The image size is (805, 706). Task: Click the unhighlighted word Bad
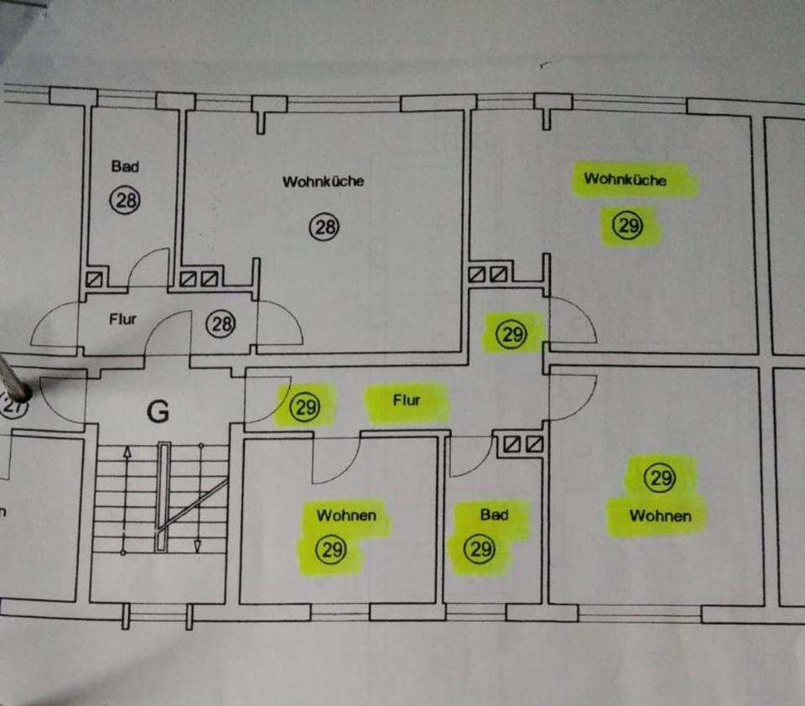(125, 166)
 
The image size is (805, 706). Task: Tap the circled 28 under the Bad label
(126, 200)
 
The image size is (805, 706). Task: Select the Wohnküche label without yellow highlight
(323, 181)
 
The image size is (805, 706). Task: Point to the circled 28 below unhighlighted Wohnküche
(323, 226)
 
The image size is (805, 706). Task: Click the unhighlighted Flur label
(122, 319)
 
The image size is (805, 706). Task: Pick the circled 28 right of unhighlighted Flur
(221, 324)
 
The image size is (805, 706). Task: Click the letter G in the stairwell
(158, 411)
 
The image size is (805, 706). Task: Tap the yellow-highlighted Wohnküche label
(626, 179)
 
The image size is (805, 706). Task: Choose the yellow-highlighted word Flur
(407, 400)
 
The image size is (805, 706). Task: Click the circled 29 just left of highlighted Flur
(304, 407)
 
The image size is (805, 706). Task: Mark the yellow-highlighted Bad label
(494, 514)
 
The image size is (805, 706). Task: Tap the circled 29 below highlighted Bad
(480, 551)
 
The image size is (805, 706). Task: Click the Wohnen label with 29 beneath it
(346, 515)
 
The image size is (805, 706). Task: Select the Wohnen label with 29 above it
(660, 515)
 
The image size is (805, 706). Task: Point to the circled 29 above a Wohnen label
(660, 479)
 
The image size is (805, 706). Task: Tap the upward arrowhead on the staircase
(127, 452)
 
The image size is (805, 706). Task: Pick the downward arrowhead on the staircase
(198, 546)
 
